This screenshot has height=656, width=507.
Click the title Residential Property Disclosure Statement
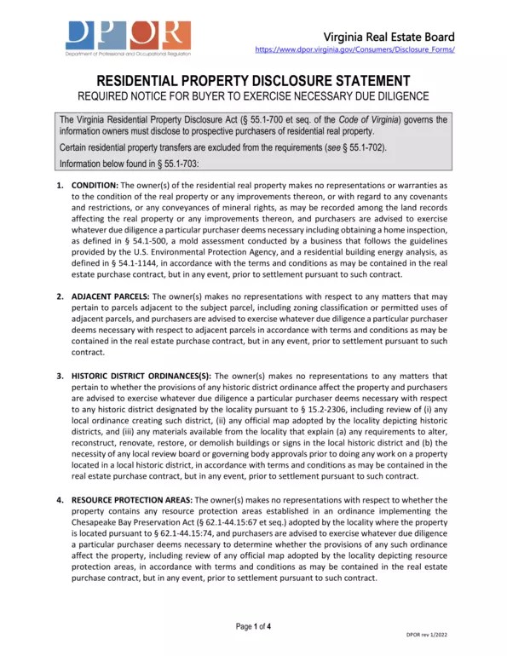click(253, 80)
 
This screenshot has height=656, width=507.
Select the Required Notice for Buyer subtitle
click(253, 96)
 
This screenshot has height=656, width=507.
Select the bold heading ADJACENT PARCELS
click(106, 296)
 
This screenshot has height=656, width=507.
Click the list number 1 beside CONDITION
click(60, 185)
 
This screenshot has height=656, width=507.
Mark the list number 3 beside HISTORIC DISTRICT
click(60, 375)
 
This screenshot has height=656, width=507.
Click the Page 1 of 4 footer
click(253, 627)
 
